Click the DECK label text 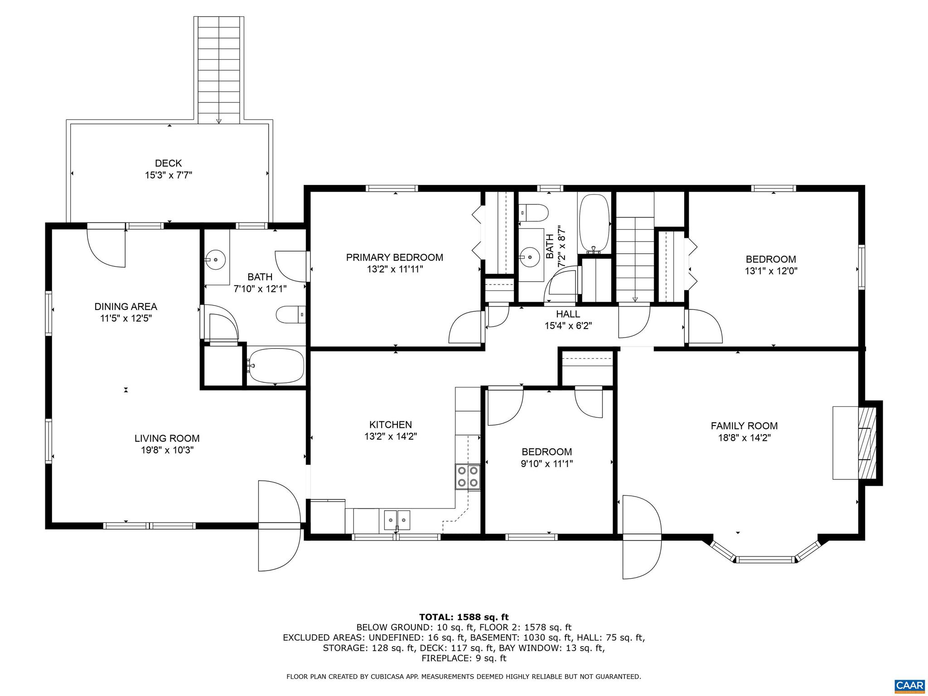[x=168, y=163]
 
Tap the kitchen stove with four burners [x=468, y=476]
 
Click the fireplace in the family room [x=867, y=443]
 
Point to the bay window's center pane [x=766, y=559]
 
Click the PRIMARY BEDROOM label [x=394, y=257]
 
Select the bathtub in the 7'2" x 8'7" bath [x=594, y=223]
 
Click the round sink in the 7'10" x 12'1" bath [x=216, y=260]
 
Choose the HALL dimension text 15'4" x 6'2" [x=568, y=325]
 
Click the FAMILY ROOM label [x=744, y=426]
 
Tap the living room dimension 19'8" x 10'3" [x=167, y=450]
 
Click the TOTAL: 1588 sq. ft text [x=464, y=617]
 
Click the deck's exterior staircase [x=219, y=68]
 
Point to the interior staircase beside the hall [x=635, y=258]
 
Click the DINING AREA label [x=126, y=307]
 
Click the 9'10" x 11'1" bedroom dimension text [x=546, y=464]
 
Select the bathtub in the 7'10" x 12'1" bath [x=275, y=365]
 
